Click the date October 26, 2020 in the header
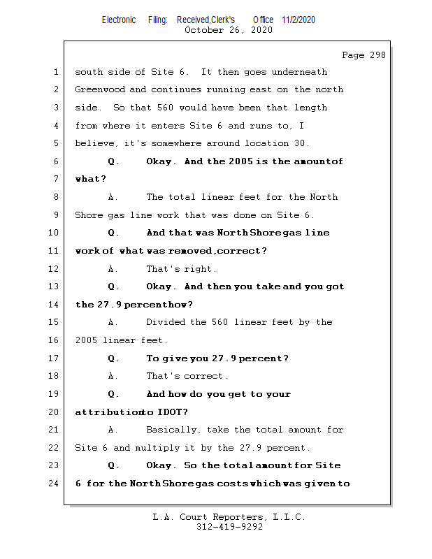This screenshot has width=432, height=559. (229, 30)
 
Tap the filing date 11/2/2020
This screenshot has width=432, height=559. (298, 20)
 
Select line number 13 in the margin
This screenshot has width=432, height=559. (55, 286)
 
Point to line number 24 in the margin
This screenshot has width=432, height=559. (55, 483)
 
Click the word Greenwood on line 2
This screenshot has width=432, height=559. (99, 89)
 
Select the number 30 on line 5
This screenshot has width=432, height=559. (282, 143)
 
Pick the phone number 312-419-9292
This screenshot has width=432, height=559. (230, 528)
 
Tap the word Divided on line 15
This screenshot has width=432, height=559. (165, 322)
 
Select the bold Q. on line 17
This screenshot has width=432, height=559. (113, 358)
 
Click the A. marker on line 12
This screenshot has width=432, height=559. (113, 269)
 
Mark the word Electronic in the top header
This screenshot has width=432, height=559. (119, 20)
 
